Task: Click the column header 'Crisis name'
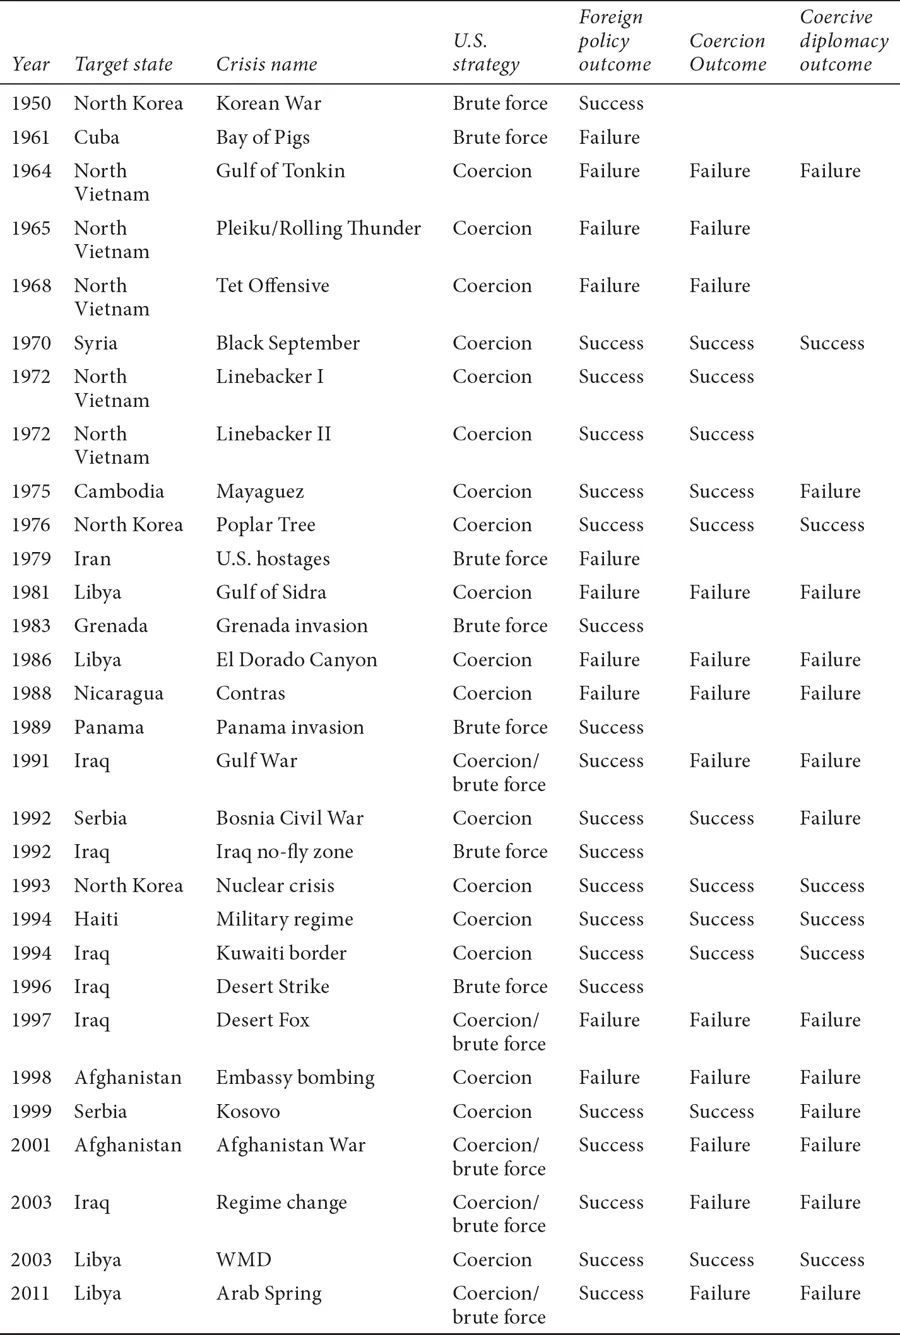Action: (266, 65)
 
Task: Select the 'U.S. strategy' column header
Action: (486, 53)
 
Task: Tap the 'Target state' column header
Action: (123, 65)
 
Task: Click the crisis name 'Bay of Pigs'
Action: (263, 137)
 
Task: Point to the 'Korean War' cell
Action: (268, 103)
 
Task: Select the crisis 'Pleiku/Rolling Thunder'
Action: (318, 228)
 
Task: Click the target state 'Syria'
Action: (96, 343)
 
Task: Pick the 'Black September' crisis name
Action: (287, 343)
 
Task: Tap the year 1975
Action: (31, 491)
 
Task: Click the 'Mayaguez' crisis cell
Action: (260, 491)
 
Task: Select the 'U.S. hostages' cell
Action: (272, 559)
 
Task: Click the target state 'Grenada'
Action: (111, 626)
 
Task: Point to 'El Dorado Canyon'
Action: (296, 660)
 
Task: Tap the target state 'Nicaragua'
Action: (119, 693)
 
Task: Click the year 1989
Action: (31, 727)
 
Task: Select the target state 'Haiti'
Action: (96, 919)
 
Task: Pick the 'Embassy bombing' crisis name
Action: (295, 1077)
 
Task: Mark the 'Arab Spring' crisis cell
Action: (268, 1293)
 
